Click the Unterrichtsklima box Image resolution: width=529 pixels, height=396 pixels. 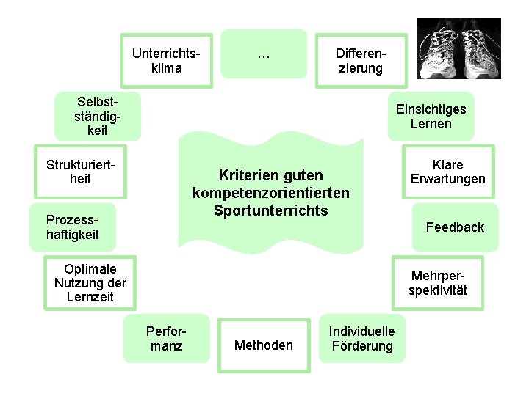[166, 55]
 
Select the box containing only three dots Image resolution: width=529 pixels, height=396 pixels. [264, 54]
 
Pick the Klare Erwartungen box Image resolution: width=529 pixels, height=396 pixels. [448, 172]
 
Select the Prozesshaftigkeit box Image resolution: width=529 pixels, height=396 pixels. [72, 227]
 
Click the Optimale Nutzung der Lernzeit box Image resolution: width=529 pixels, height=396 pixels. [90, 283]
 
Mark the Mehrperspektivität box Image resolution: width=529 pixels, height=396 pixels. [438, 283]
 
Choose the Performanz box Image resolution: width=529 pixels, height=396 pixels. [167, 338]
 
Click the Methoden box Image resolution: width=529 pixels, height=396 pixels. [263, 345]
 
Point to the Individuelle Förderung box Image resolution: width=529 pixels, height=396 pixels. [361, 338]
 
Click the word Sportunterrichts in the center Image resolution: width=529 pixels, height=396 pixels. [271, 210]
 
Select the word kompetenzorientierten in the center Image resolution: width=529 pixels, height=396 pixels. [271, 193]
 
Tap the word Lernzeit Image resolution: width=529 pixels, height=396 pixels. [90, 297]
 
